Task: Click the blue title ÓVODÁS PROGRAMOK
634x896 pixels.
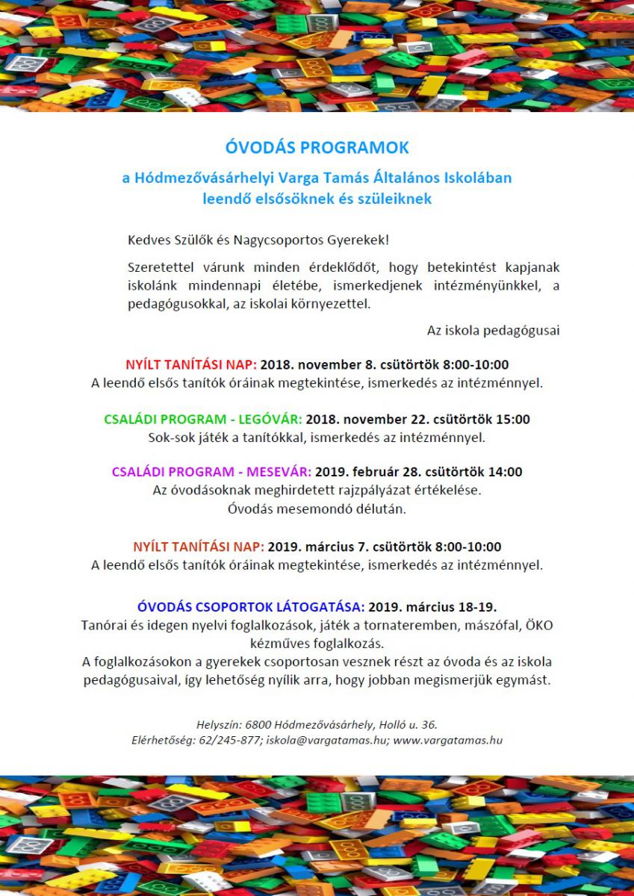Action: pos(317,148)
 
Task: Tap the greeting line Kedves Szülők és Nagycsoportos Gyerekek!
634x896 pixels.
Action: pos(258,240)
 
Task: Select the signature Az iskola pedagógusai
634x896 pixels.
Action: pos(493,330)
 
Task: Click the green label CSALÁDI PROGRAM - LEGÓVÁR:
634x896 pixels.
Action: pos(203,420)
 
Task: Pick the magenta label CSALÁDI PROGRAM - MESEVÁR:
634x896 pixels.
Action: pos(211,472)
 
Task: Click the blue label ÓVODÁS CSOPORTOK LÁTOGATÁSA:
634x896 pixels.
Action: pos(251,606)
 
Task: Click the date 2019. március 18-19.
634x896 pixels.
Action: pos(432,606)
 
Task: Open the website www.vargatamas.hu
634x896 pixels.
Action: pos(447,741)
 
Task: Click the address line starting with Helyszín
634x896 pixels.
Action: pos(317,724)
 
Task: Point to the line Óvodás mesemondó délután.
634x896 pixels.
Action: pos(317,509)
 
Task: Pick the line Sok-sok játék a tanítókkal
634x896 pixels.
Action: pos(317,437)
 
